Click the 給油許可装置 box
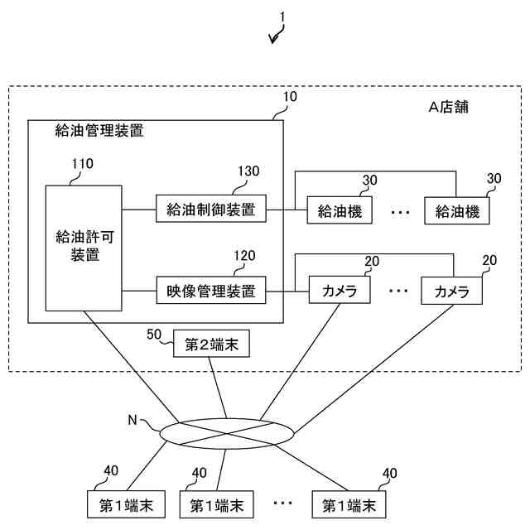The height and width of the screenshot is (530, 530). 84,248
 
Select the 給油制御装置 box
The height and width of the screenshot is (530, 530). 211,209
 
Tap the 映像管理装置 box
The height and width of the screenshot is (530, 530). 211,291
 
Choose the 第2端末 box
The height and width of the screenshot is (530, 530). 211,344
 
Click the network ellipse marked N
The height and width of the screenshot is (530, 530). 225,432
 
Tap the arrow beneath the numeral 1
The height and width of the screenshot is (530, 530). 277,36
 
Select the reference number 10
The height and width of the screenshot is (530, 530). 290,97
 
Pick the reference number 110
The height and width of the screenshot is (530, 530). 82,163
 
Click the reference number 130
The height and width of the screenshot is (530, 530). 248,171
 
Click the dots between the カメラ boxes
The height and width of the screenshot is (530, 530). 398,291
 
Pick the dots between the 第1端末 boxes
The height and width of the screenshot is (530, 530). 282,503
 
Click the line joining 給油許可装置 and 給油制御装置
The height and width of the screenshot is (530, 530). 138,209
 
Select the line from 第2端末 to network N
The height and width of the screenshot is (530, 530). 219,389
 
